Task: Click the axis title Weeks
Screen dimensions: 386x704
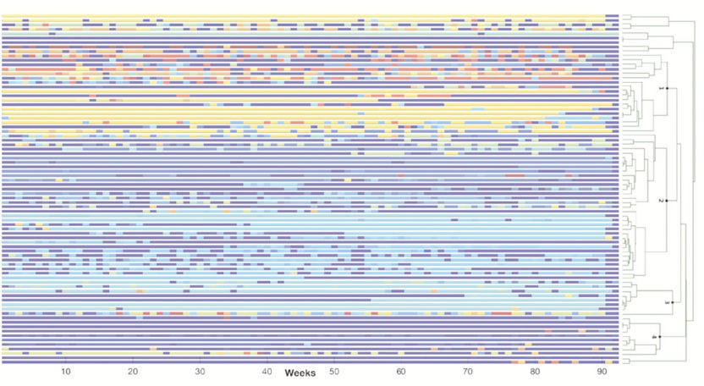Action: pyautogui.click(x=300, y=373)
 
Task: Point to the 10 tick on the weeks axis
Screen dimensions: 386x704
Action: pyautogui.click(x=66, y=372)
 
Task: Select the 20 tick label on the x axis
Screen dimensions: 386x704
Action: pyautogui.click(x=133, y=372)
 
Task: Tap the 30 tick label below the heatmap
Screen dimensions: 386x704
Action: pyautogui.click(x=200, y=372)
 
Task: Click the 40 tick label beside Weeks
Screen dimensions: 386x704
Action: pyautogui.click(x=267, y=372)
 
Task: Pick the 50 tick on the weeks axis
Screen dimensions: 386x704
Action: pyautogui.click(x=334, y=372)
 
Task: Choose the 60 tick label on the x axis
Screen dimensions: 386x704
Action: pyautogui.click(x=401, y=372)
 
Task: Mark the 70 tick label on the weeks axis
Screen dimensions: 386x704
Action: pyautogui.click(x=468, y=372)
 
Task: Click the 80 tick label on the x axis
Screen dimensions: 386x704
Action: pyautogui.click(x=535, y=372)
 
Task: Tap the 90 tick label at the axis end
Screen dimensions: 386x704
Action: pyautogui.click(x=602, y=372)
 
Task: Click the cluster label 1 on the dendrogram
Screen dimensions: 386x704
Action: pyautogui.click(x=661, y=88)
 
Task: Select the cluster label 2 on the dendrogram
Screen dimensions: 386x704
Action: pyautogui.click(x=660, y=201)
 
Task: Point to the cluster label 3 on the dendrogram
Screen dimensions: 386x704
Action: pyautogui.click(x=667, y=302)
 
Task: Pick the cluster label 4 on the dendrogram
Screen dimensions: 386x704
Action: pyautogui.click(x=654, y=338)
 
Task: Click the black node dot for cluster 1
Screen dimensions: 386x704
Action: pyautogui.click(x=668, y=88)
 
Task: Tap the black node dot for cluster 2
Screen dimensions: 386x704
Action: pyautogui.click(x=667, y=201)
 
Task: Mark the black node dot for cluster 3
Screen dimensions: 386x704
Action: pyautogui.click(x=673, y=302)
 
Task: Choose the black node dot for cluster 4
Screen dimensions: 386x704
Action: pyautogui.click(x=660, y=338)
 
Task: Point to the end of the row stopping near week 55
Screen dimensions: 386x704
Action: pyautogui.click(x=370, y=299)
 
